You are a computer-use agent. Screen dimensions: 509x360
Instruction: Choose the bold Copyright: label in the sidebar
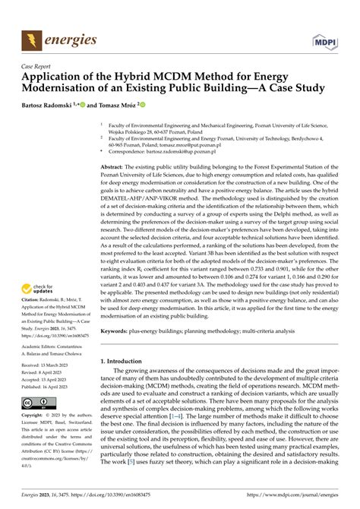36,416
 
